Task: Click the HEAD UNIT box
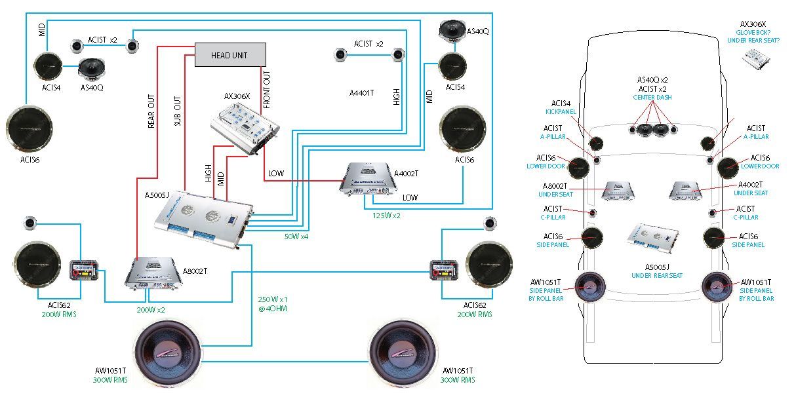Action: coord(230,55)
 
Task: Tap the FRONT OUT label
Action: coord(267,89)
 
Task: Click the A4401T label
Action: coord(361,93)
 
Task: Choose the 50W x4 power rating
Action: coord(297,236)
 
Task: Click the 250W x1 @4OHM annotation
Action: coord(272,303)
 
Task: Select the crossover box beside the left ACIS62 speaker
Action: coord(83,270)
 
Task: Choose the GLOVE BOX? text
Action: coord(752,32)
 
